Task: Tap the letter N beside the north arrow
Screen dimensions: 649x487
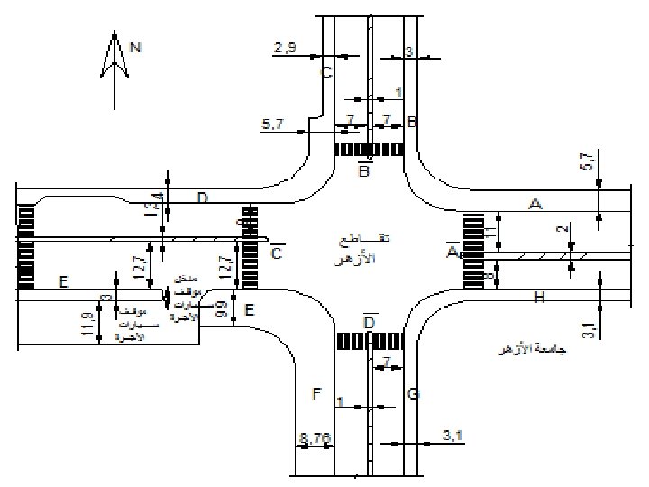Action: [135, 48]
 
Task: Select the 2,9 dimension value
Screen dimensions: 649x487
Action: [285, 47]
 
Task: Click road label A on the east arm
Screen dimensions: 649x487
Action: [535, 206]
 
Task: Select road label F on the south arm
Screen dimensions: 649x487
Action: [315, 394]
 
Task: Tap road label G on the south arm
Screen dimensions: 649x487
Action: [413, 394]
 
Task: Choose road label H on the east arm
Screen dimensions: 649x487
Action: [539, 297]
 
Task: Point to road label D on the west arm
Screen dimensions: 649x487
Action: [203, 198]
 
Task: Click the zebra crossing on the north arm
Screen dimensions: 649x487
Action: [368, 150]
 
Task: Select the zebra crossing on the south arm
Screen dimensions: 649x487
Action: [369, 342]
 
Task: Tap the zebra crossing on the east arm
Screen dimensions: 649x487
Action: [473, 251]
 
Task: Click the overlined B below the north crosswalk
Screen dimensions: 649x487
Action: [364, 170]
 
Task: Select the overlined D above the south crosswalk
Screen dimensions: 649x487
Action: [369, 322]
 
